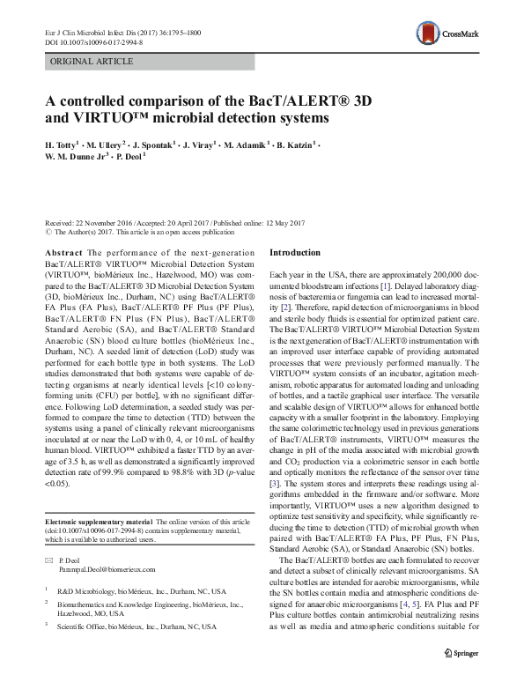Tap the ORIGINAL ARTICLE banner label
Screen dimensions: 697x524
pos(92,62)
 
